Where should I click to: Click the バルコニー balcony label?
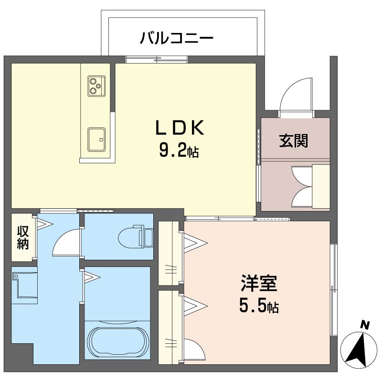coord(177,38)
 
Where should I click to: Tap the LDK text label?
coord(180,128)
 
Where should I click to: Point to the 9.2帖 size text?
coord(179,150)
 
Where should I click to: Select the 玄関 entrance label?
coord(294,140)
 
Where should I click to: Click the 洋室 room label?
coord(259,283)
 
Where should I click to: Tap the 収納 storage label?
coord(23,237)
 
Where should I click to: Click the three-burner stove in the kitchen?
coord(97,86)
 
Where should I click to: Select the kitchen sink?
coord(97,139)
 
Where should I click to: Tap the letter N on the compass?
coord(365,325)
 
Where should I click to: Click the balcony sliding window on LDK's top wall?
coord(157,59)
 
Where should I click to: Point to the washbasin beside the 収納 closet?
coord(24,285)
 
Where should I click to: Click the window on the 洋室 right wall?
coord(333,290)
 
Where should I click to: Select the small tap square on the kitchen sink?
coord(101,139)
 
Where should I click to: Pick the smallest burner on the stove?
coord(98,86)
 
